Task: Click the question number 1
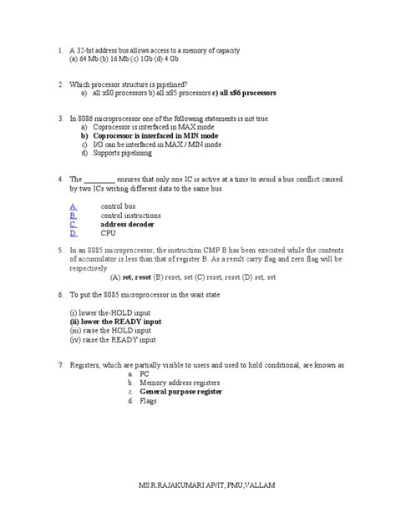59,51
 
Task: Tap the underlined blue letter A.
74,206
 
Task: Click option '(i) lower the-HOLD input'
113,312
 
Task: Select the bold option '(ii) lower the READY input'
115,321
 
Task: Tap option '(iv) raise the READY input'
113,339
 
